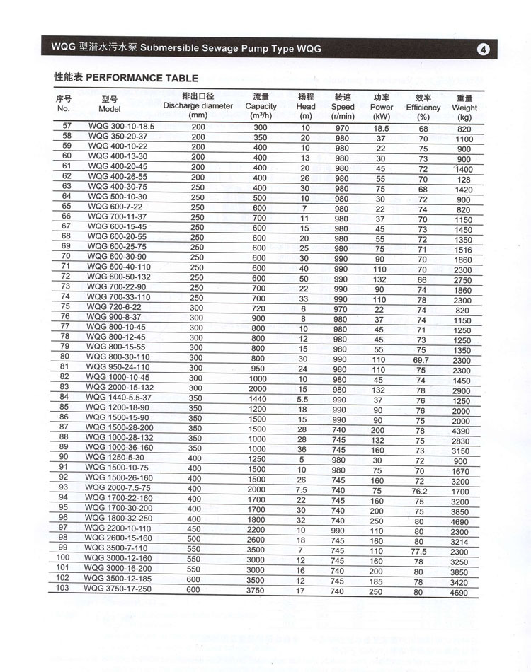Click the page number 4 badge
484,50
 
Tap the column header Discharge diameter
198,105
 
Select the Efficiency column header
423,108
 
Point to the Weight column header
464,108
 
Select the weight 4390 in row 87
461,431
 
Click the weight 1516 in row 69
464,250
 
